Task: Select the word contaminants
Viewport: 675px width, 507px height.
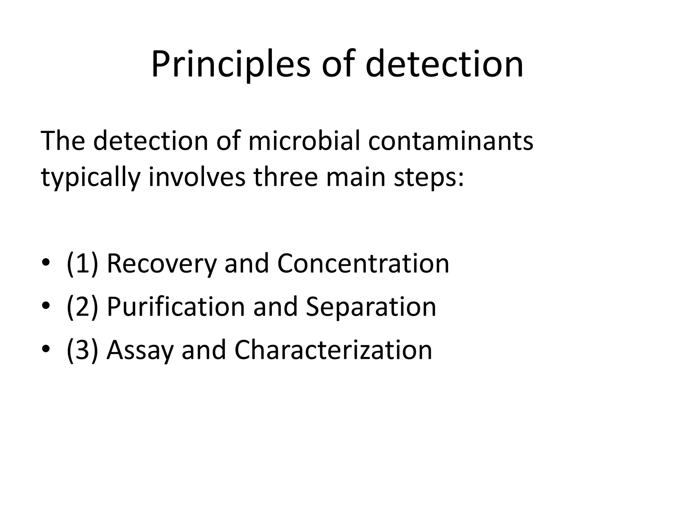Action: [451, 141]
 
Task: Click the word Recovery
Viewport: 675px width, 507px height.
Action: [162, 264]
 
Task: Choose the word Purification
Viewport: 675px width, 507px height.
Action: [176, 307]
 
